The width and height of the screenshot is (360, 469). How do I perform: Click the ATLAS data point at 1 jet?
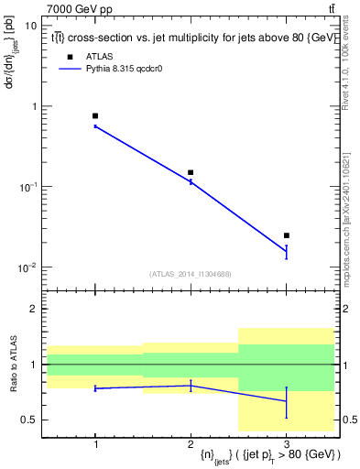point(95,116)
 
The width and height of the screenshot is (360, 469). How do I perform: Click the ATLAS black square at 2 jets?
point(191,172)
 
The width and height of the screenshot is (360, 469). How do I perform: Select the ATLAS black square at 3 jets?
point(286,235)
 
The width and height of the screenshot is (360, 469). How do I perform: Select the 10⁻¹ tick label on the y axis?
point(29,187)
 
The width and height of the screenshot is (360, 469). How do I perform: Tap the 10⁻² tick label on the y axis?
point(29,267)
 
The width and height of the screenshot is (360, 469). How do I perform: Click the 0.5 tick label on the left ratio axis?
point(30,420)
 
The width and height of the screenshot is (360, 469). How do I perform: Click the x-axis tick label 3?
point(286,444)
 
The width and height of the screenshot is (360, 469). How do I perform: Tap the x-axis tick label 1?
point(95,444)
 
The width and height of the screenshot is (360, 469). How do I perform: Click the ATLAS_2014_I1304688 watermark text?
point(191,274)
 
